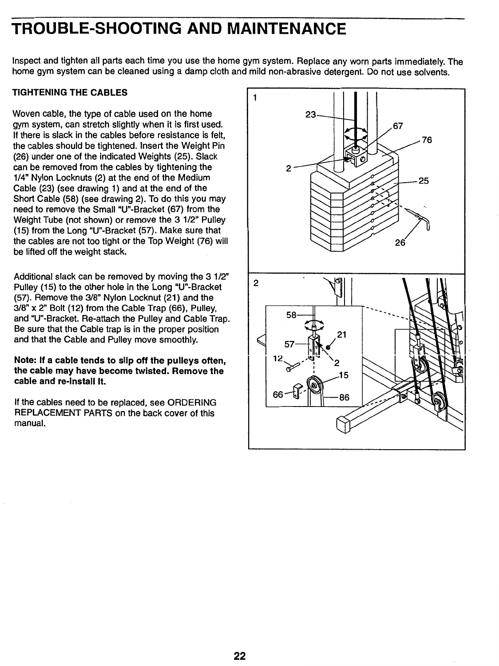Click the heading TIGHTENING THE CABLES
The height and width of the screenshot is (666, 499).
pos(70,92)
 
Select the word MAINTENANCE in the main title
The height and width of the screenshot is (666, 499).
pos(286,29)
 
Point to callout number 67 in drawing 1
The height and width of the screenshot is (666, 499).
pos(398,126)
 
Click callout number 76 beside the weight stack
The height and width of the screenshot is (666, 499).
pos(427,140)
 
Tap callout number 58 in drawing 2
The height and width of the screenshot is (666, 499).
pos(292,315)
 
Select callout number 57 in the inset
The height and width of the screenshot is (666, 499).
pos(289,344)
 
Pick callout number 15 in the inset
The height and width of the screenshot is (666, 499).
pos(343,375)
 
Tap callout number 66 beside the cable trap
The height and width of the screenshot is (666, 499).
pos(278,395)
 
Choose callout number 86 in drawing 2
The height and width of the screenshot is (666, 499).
pos(344,397)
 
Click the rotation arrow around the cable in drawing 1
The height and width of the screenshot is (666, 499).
pos(356,132)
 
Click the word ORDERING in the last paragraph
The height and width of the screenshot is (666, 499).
pos(197,403)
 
